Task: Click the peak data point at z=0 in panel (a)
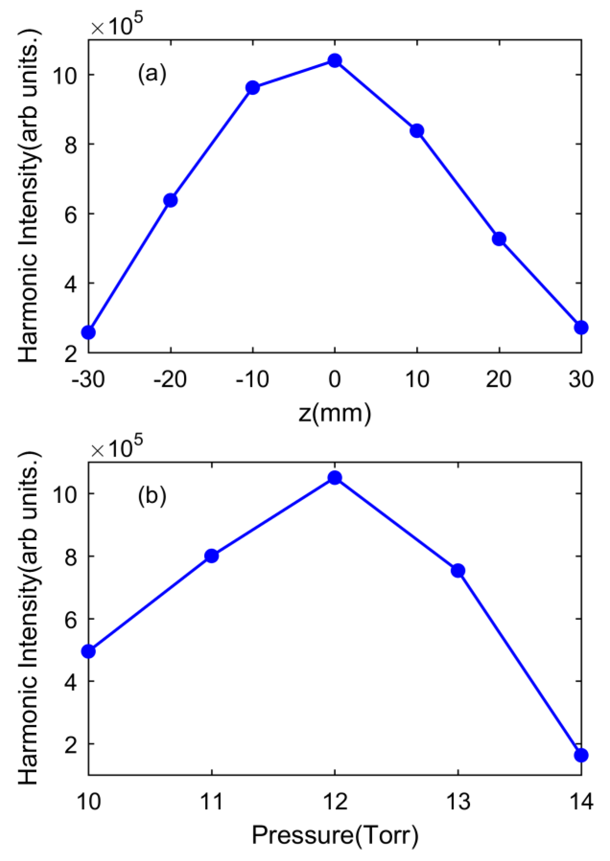(335, 60)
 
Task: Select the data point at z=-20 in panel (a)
(171, 200)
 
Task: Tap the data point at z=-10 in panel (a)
(253, 88)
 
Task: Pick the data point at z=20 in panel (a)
(499, 239)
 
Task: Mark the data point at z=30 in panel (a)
(581, 328)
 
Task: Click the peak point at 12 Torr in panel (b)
(335, 478)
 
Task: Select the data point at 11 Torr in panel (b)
(212, 556)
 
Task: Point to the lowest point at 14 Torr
(581, 756)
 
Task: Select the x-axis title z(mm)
(335, 413)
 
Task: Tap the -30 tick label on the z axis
(88, 379)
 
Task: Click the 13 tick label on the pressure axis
(458, 802)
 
